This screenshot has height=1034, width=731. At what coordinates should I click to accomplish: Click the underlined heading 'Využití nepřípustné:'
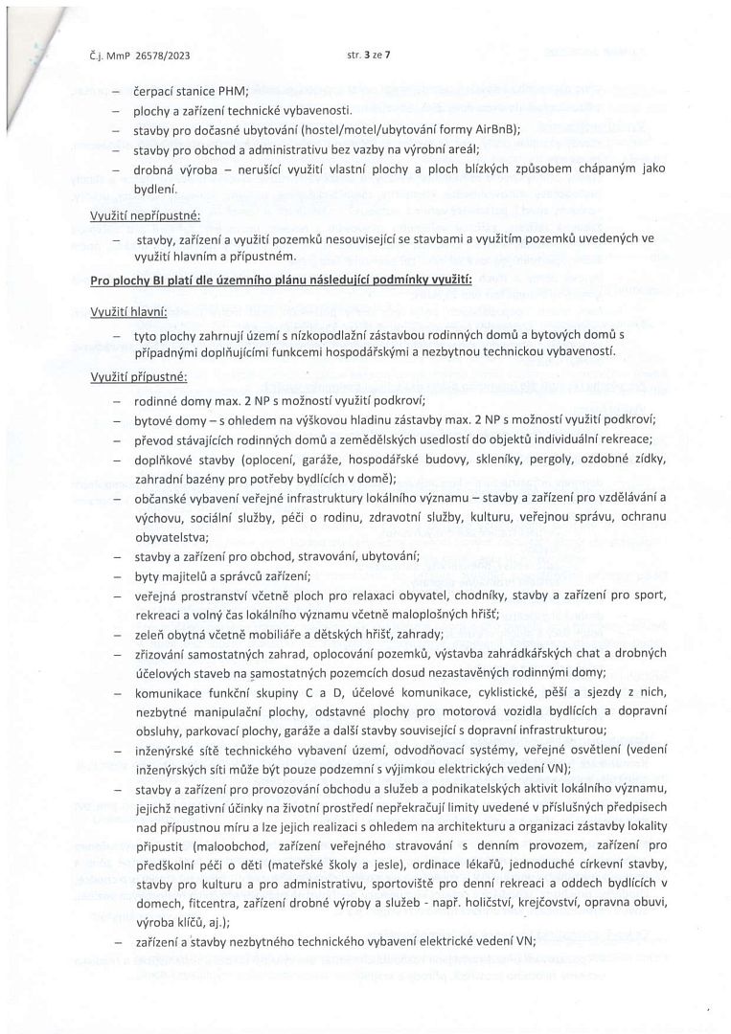(x=145, y=216)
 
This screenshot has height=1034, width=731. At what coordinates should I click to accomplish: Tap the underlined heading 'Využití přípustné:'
(x=137, y=379)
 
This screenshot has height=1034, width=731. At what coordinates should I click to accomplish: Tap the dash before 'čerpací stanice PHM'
(x=116, y=92)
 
